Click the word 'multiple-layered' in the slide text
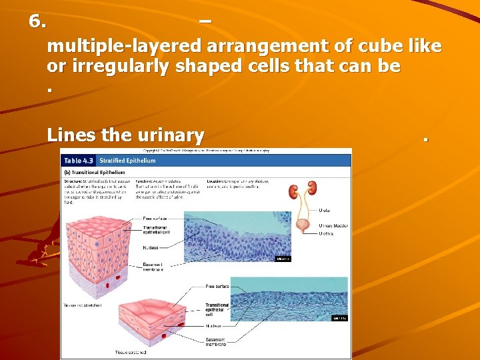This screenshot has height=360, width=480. (124, 47)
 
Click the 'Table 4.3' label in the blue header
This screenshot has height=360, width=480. (78, 161)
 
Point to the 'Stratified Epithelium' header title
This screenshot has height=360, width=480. (127, 161)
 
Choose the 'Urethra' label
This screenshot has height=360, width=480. (326, 234)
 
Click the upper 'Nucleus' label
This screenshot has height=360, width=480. (151, 247)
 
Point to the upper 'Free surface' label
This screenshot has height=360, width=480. (154, 218)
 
